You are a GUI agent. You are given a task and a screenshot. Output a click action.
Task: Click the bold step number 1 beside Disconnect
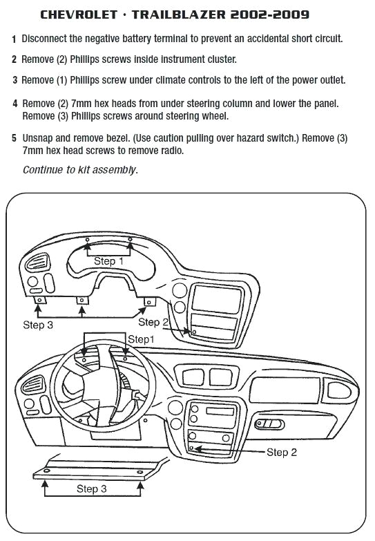(15, 39)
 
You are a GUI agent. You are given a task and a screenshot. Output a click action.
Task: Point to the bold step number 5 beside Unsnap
(15, 138)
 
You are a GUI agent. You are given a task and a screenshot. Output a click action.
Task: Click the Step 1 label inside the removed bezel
(108, 261)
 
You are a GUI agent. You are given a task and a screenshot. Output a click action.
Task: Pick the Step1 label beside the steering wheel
(141, 339)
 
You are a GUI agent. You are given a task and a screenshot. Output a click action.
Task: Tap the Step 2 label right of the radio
(281, 452)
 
